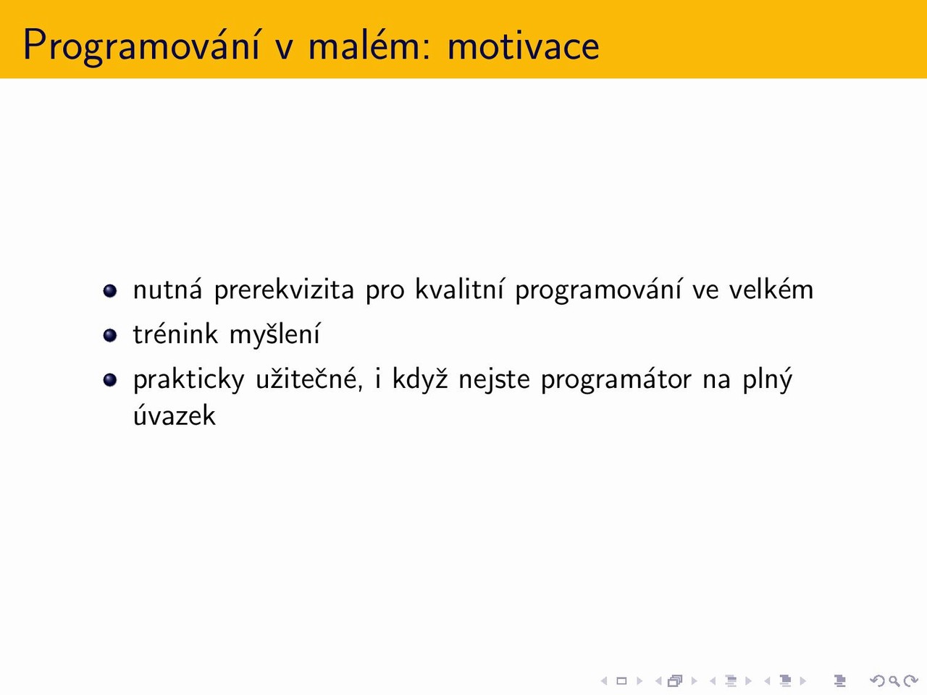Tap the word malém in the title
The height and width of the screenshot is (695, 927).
click(x=364, y=44)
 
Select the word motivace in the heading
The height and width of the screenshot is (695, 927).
click(x=524, y=46)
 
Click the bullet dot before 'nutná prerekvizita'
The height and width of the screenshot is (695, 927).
click(x=110, y=291)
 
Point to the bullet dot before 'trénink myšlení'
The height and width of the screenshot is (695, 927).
click(x=110, y=335)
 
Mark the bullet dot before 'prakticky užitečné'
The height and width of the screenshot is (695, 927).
click(x=110, y=380)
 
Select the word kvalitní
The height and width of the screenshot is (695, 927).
click(x=459, y=289)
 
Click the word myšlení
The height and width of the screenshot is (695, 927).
click(x=275, y=335)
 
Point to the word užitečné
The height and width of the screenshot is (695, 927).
click(x=309, y=379)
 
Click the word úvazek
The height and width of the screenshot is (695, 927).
click(x=175, y=415)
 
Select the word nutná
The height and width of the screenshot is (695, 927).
click(x=168, y=289)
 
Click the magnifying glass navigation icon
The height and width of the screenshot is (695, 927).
click(x=894, y=681)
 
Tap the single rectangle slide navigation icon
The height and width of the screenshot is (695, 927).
click(x=621, y=681)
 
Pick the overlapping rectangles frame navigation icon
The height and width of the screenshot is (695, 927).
click(x=675, y=681)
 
